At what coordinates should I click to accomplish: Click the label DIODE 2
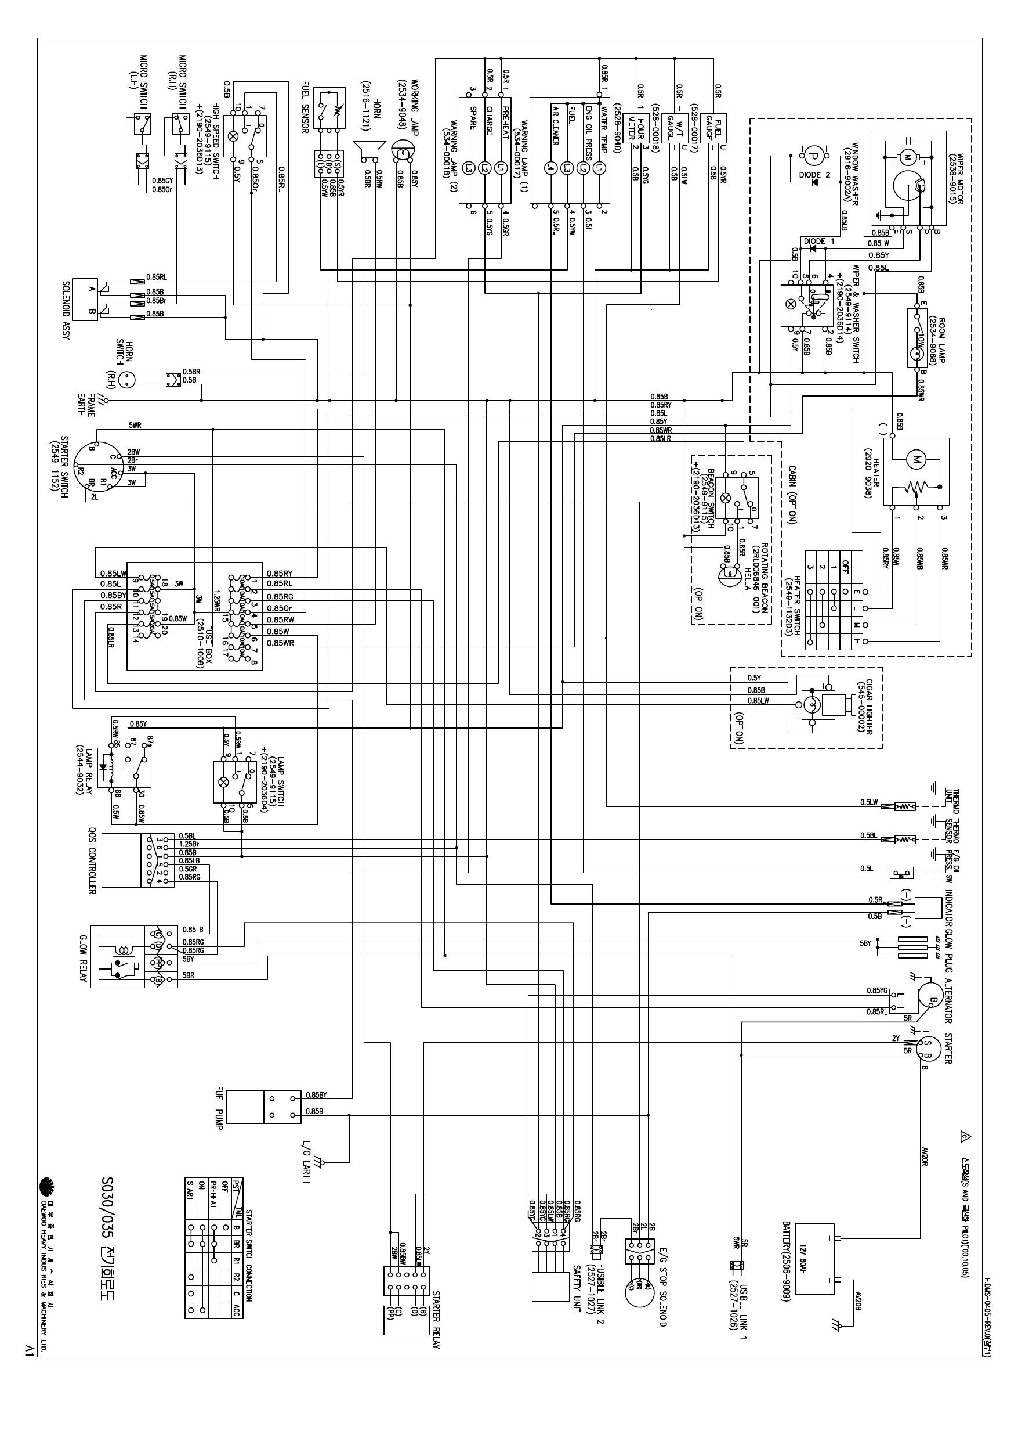pyautogui.click(x=814, y=175)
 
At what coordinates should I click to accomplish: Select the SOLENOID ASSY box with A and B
pyautogui.click(x=85, y=300)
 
